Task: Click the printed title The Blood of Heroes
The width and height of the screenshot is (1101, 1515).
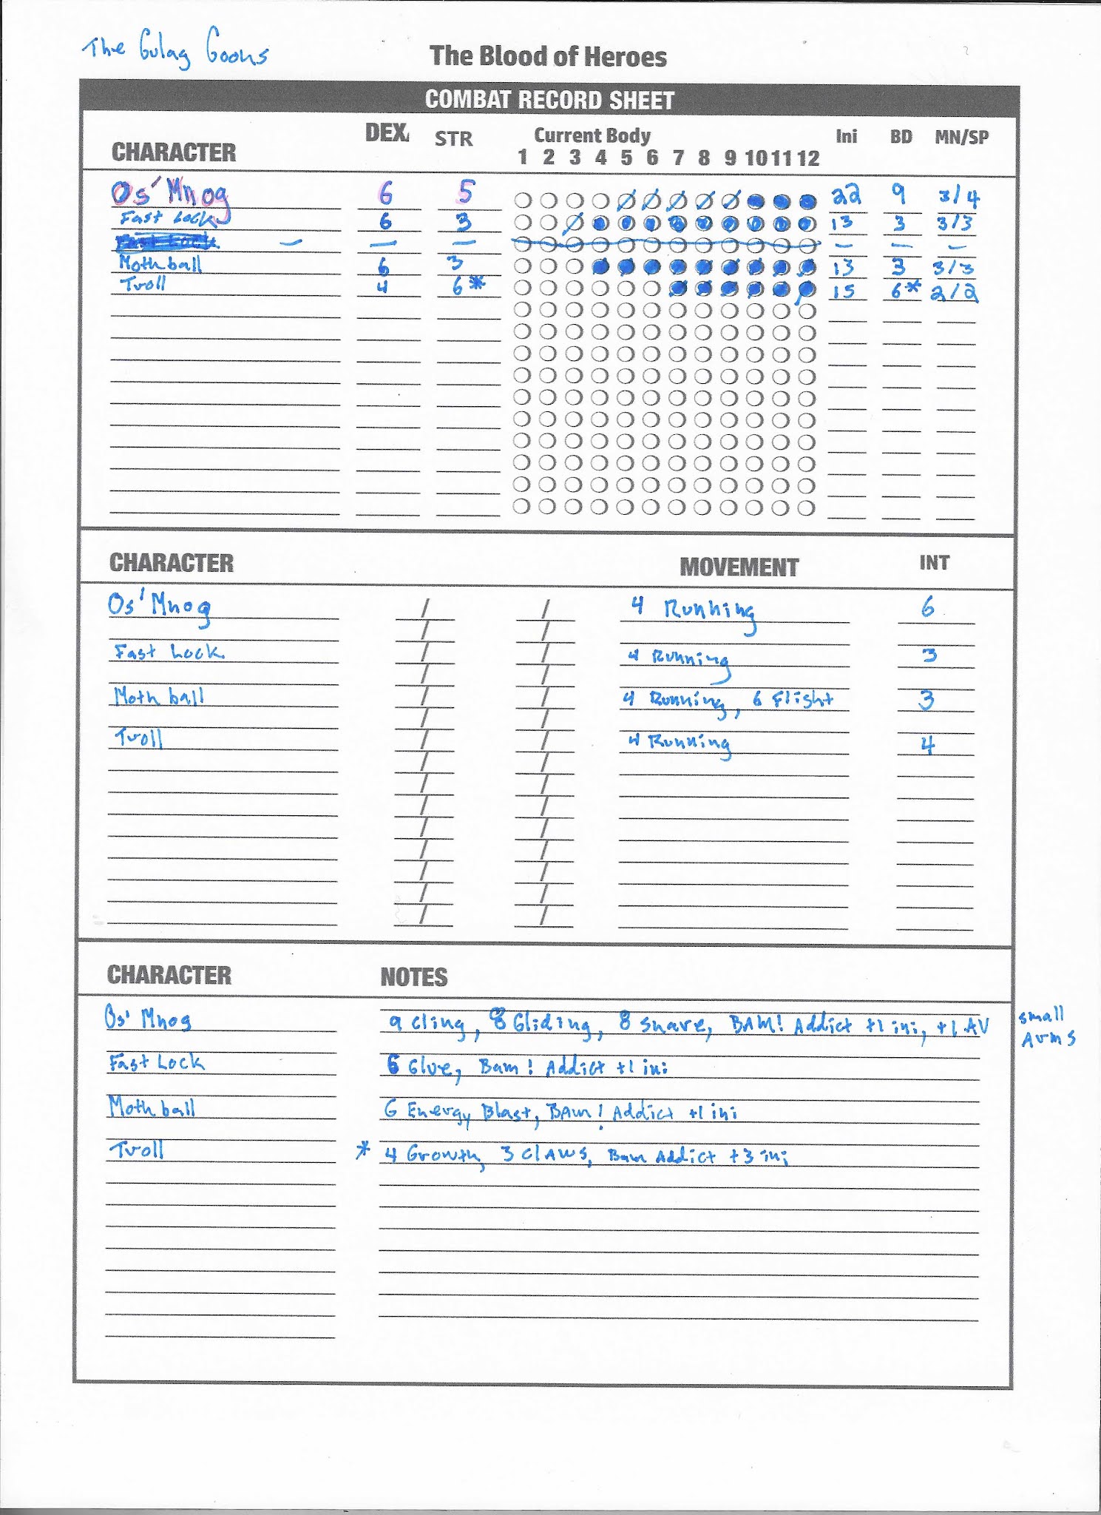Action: pos(548,57)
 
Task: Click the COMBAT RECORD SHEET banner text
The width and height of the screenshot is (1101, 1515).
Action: pos(549,100)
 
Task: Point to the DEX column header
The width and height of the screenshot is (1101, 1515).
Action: pos(387,133)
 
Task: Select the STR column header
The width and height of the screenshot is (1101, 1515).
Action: pos(453,138)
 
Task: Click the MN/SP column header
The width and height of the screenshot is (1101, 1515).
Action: pos(961,137)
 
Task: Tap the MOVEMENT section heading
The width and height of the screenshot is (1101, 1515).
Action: pos(739,567)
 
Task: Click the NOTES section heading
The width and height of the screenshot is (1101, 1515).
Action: pos(413,977)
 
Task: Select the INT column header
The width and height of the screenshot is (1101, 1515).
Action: pos(934,563)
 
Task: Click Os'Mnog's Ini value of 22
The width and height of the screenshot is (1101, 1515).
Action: pos(847,195)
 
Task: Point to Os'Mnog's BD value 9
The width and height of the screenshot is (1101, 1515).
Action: pos(898,194)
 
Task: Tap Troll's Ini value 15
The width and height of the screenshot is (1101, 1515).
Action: pos(844,291)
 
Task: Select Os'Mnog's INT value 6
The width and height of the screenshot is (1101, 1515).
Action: pos(927,608)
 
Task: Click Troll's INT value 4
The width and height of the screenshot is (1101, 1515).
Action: pos(927,744)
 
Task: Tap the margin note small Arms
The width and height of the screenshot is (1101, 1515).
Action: pos(1046,1028)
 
